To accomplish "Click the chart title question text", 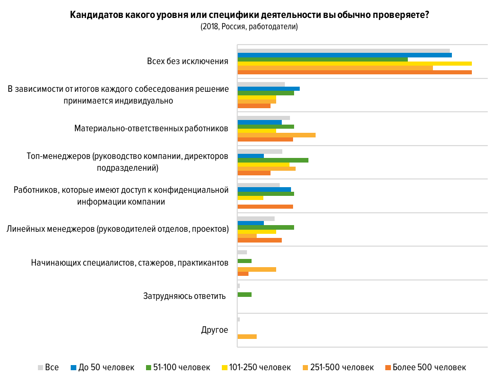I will tap(249, 15).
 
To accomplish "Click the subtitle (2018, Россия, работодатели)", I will tap(249, 27).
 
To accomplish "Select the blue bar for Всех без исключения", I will tap(344, 55).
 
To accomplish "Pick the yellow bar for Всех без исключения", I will tap(355, 64).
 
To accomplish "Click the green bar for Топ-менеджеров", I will tap(273, 160).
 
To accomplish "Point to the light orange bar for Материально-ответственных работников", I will tap(277, 135).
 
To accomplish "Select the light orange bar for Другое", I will tap(247, 336).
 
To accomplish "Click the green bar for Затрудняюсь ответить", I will tap(244, 294).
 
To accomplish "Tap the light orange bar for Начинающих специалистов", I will tap(257, 269).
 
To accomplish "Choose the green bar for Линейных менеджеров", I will tap(266, 227).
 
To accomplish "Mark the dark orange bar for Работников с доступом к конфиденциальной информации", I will tap(265, 207).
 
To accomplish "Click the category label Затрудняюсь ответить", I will tap(184, 296).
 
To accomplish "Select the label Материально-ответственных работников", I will tap(151, 128).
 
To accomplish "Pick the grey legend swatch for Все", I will tap(40, 368).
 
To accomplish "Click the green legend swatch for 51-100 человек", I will tap(148, 368).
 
